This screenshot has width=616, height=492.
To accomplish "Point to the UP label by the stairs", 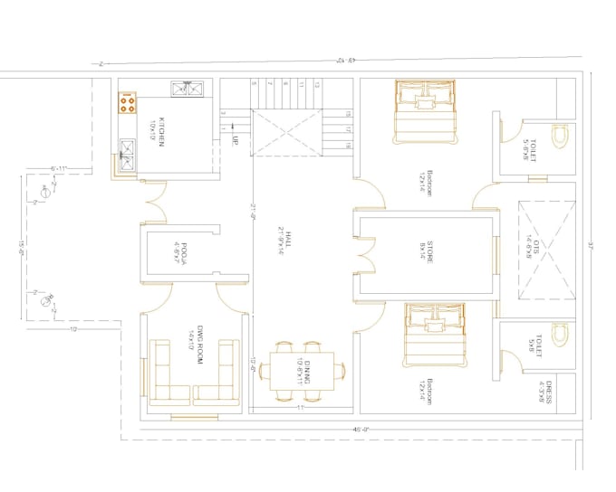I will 234,141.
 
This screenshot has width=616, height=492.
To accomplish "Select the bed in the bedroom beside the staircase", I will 422,108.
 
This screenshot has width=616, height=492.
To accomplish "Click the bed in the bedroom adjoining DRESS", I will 431,335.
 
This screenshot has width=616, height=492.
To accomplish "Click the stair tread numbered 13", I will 317,85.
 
